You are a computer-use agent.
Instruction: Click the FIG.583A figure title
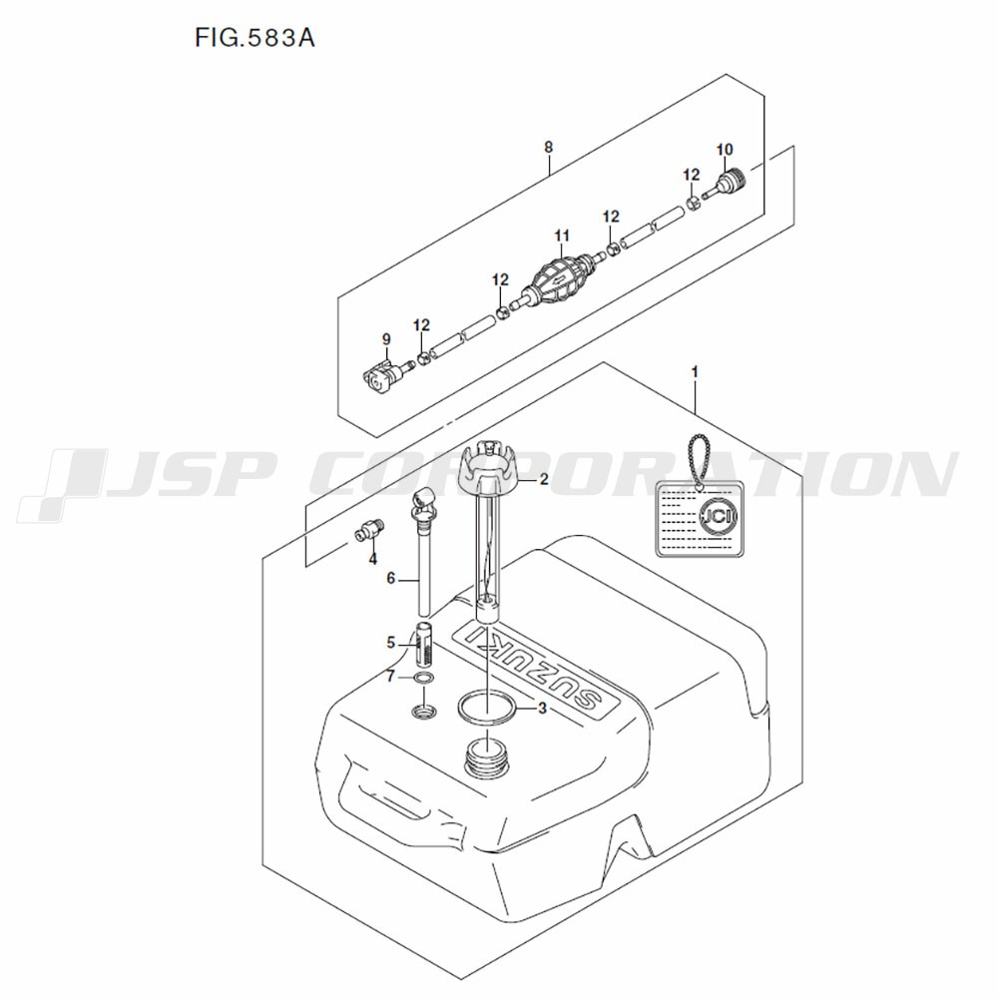coord(254,38)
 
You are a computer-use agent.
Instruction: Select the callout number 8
coord(549,147)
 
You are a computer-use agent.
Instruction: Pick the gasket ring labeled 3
coord(487,709)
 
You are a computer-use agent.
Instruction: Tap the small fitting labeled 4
coord(368,530)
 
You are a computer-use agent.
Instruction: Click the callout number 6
coord(391,579)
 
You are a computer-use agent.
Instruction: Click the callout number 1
coord(695,371)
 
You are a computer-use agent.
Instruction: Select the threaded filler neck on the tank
coord(486,757)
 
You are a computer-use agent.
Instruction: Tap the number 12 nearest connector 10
coord(692,175)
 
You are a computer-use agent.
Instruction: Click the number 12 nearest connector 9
coord(421,325)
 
